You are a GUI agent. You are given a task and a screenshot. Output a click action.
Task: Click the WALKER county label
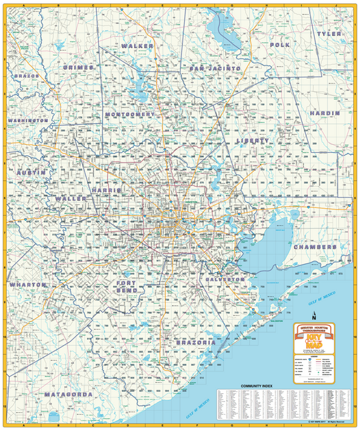pyautogui.click(x=138, y=46)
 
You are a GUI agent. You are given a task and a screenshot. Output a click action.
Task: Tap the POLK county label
pyautogui.click(x=280, y=44)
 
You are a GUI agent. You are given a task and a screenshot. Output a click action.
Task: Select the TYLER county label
pyautogui.click(x=328, y=33)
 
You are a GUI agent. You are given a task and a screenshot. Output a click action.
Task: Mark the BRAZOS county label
pyautogui.click(x=25, y=77)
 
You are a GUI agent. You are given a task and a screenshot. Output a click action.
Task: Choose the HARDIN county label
pyautogui.click(x=325, y=113)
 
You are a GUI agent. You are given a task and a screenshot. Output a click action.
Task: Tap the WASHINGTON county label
pyautogui.click(x=28, y=121)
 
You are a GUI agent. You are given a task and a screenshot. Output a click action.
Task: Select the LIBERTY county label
pyautogui.click(x=253, y=141)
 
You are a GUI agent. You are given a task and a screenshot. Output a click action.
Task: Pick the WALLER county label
pyautogui.click(x=71, y=199)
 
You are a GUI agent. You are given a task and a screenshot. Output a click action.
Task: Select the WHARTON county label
pyautogui.click(x=28, y=285)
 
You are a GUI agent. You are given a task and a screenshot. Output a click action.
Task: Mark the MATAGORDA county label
pyautogui.click(x=68, y=394)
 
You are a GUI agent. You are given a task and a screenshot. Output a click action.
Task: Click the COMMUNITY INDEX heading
pyautogui.click(x=258, y=385)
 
